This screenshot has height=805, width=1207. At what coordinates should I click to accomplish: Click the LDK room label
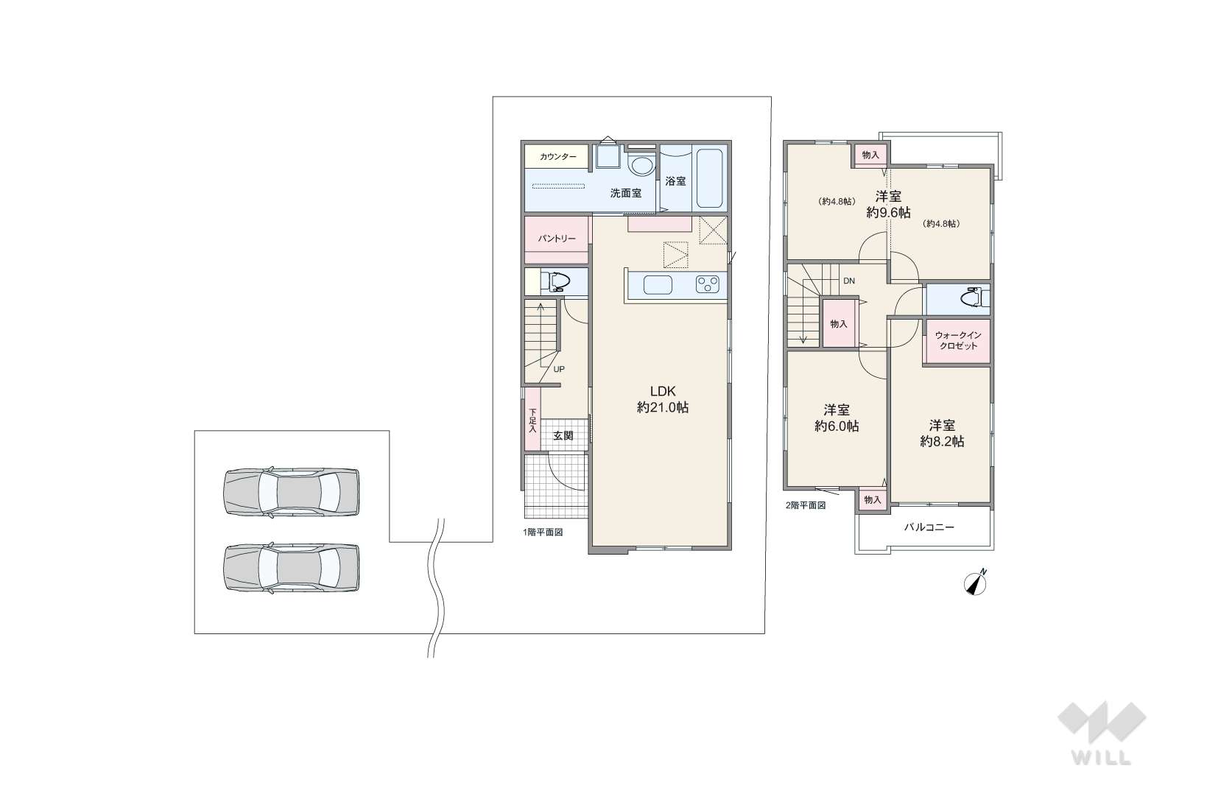(662, 391)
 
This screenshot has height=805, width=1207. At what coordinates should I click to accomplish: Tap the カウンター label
(557, 157)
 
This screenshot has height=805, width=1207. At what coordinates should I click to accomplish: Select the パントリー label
(557, 239)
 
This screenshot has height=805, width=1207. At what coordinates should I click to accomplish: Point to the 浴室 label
(676, 181)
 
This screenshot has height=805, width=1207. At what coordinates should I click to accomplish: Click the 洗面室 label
(625, 193)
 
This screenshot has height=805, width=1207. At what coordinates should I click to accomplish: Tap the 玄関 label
(563, 435)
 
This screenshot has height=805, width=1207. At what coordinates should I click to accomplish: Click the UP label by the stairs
(559, 370)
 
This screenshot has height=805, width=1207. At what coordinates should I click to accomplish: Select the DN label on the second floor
(848, 281)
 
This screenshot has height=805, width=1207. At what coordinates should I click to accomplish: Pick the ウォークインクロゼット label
(958, 340)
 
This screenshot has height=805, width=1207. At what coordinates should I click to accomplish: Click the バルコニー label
(929, 527)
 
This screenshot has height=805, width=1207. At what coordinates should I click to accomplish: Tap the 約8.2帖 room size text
(942, 442)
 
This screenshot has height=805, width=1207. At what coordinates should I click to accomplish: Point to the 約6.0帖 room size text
(837, 426)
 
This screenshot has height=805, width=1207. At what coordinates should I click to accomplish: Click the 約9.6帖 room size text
(889, 212)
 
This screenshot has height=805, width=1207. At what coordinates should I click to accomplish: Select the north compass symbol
(975, 583)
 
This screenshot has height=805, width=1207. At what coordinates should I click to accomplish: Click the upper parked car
(291, 493)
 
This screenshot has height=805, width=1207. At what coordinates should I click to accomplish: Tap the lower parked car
(291, 569)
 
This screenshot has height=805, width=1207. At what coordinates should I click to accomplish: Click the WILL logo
(1102, 733)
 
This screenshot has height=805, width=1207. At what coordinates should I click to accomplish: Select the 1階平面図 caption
(543, 532)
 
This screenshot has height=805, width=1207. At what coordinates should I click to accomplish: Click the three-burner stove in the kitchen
(707, 284)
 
